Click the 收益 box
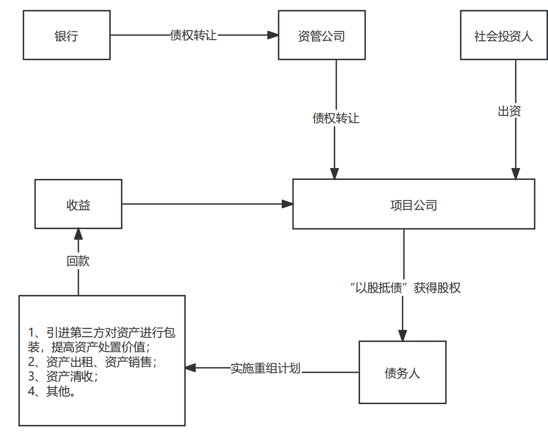click(x=78, y=204)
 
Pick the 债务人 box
click(x=402, y=372)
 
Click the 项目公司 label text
click(x=414, y=205)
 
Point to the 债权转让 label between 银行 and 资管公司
click(x=194, y=36)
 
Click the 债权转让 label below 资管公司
click(x=336, y=118)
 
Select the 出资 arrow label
click(x=509, y=111)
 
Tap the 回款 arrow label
click(x=78, y=261)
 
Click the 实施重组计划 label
click(x=265, y=369)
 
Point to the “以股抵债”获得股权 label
click(x=404, y=288)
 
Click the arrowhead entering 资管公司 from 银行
click(x=273, y=36)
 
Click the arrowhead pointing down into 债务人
click(x=403, y=335)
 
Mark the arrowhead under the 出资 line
click(x=515, y=174)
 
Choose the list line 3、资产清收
click(x=63, y=376)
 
